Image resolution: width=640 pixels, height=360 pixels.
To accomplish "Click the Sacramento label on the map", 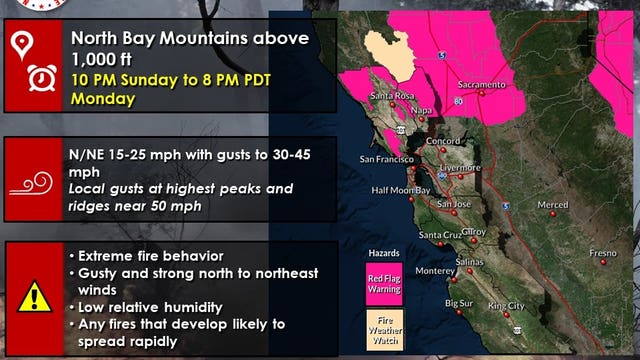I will [x=482, y=86].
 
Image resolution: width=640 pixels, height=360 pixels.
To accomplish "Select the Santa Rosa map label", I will [x=392, y=95].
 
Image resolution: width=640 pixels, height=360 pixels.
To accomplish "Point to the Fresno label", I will [x=602, y=253].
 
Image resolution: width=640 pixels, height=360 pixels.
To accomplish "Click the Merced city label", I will [x=552, y=204].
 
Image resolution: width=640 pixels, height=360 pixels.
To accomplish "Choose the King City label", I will [x=505, y=305].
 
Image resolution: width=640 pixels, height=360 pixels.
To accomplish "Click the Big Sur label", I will [x=459, y=302].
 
